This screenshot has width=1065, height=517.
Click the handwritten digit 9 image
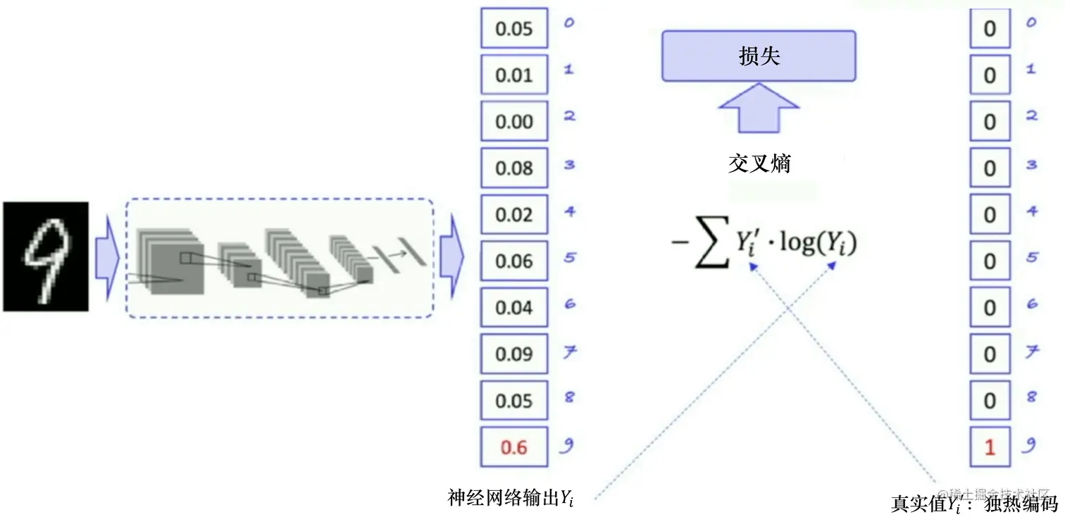coord(46,257)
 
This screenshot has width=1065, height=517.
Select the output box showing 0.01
coord(514,75)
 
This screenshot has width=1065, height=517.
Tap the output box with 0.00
coord(514,121)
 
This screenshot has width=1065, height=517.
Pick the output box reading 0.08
coord(514,168)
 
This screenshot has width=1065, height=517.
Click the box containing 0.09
coord(514,354)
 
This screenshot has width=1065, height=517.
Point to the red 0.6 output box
coord(514,447)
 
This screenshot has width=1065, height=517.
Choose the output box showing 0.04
coord(514,307)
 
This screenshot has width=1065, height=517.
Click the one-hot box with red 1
coord(990,447)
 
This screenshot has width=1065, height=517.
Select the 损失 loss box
coord(759,56)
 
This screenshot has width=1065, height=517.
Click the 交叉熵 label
coord(759,164)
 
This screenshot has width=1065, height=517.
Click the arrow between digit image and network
coord(106,257)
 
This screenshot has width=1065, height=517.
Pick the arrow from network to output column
coord(451,257)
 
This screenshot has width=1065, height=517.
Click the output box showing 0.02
coord(514,214)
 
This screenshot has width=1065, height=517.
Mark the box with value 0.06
coord(514,261)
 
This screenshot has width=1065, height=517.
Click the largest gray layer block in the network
coord(173,264)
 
